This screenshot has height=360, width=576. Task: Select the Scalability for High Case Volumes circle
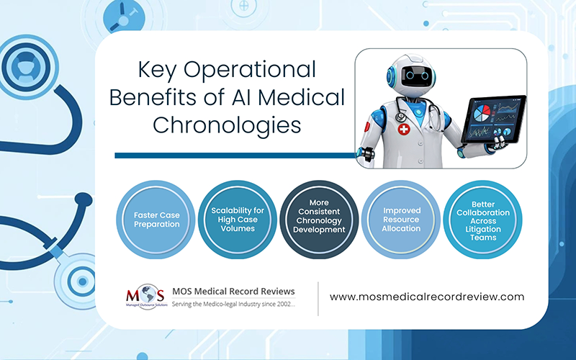(234, 220)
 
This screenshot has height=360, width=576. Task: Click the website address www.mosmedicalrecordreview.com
(427, 296)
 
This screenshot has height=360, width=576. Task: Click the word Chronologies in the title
(226, 125)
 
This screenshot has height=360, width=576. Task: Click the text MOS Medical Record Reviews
(234, 291)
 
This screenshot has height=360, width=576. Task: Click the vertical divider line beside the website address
(318, 297)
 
